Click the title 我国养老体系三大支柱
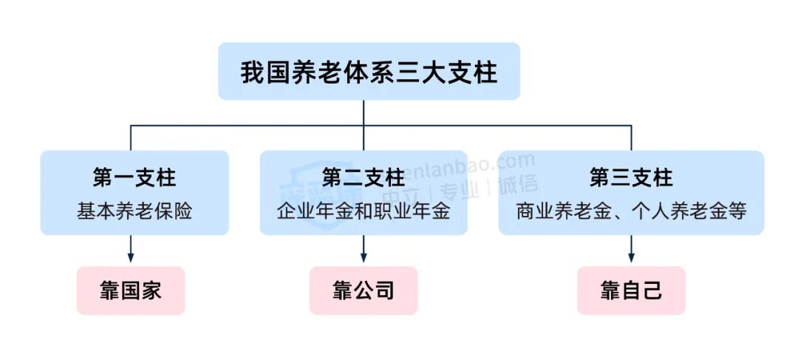[369, 73]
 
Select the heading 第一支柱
[134, 177]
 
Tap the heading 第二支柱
[364, 177]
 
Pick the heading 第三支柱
[631, 177]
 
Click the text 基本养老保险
[134, 211]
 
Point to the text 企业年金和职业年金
[364, 211]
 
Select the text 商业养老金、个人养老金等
[631, 211]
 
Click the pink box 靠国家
[131, 291]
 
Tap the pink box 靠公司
[364, 291]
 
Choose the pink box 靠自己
[631, 291]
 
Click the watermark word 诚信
[518, 185]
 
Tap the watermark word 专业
[460, 189]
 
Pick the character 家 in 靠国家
[151, 291]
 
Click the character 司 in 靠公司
[384, 291]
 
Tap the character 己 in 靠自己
[652, 291]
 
